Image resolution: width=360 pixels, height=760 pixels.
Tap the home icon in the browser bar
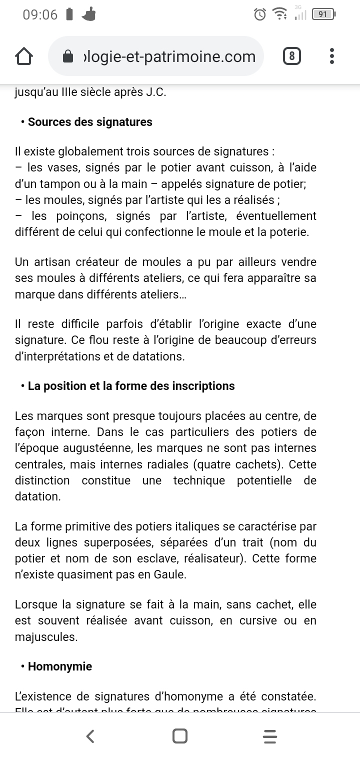pos(24,56)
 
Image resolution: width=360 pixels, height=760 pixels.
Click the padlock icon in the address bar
pos(68,56)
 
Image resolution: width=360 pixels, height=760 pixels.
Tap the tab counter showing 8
pos(291,56)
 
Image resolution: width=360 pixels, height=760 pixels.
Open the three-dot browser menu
pos(332,56)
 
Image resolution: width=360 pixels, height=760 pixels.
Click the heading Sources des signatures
pos(90,122)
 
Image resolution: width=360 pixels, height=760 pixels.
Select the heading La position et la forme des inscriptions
pos(131,386)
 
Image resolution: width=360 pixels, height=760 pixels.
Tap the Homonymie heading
pos(60,666)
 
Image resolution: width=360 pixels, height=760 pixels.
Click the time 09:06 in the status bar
pos(40,14)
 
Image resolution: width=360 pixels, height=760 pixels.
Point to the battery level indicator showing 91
pos(323,14)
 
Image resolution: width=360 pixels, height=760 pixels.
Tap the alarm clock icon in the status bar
pos(260,14)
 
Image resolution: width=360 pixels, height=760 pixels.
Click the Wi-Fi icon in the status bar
pos(279,14)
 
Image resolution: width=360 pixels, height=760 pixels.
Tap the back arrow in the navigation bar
pos(90,736)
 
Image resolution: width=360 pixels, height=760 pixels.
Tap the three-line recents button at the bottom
pos(269,736)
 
